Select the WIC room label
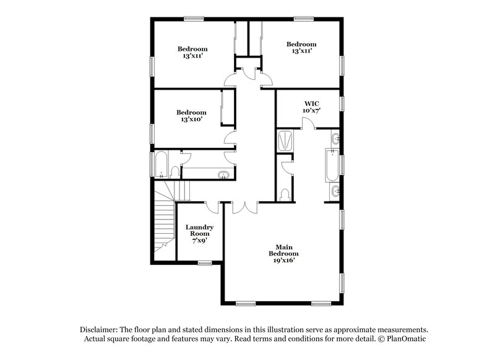click(311, 103)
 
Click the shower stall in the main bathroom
click(285, 140)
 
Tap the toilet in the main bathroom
click(285, 195)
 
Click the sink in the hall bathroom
click(223, 173)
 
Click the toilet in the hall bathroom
click(175, 171)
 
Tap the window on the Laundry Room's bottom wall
click(205, 263)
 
